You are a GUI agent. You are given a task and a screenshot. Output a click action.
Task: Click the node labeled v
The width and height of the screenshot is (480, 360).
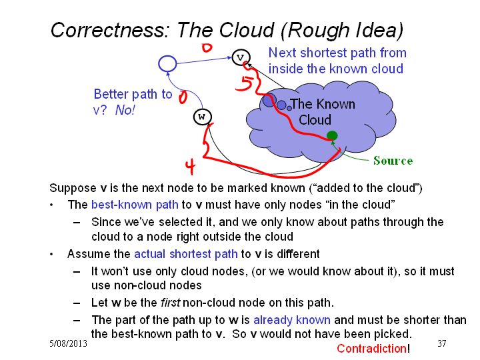pyautogui.click(x=241, y=57)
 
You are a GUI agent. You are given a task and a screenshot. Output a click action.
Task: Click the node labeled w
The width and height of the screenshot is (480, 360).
pyautogui.click(x=203, y=117)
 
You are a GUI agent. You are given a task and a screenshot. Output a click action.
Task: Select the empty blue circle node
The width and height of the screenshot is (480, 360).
pyautogui.click(x=167, y=64)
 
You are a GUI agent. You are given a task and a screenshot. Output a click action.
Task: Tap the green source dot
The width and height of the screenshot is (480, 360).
pyautogui.click(x=332, y=135)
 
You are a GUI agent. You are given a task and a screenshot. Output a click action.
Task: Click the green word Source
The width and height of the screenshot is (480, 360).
pyautogui.click(x=393, y=161)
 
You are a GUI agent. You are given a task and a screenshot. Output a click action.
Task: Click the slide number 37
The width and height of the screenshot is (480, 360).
pyautogui.click(x=442, y=343)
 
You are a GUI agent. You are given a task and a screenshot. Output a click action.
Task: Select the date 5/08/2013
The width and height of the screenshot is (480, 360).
pyautogui.click(x=68, y=343)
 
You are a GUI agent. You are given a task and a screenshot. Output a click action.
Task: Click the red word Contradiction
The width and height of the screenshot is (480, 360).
pyautogui.click(x=371, y=349)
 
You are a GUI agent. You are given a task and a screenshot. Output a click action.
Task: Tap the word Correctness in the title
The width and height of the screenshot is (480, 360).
pyautogui.click(x=109, y=30)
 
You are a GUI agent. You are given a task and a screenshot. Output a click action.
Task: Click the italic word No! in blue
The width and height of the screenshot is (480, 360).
pyautogui.click(x=125, y=110)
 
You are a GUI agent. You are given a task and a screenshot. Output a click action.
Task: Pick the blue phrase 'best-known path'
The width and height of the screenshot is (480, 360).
pyautogui.click(x=135, y=205)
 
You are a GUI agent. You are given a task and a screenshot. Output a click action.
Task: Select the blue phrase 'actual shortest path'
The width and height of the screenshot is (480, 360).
pyautogui.click(x=186, y=254)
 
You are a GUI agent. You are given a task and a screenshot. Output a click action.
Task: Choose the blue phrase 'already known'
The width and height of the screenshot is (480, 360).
pyautogui.click(x=292, y=320)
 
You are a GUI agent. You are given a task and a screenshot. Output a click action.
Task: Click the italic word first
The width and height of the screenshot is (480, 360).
pyautogui.click(x=171, y=303)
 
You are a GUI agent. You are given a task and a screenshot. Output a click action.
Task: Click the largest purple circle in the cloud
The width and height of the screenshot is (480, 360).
pyautogui.click(x=269, y=101)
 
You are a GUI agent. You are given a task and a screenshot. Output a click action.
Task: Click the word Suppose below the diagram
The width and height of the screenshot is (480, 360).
pyautogui.click(x=73, y=188)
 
